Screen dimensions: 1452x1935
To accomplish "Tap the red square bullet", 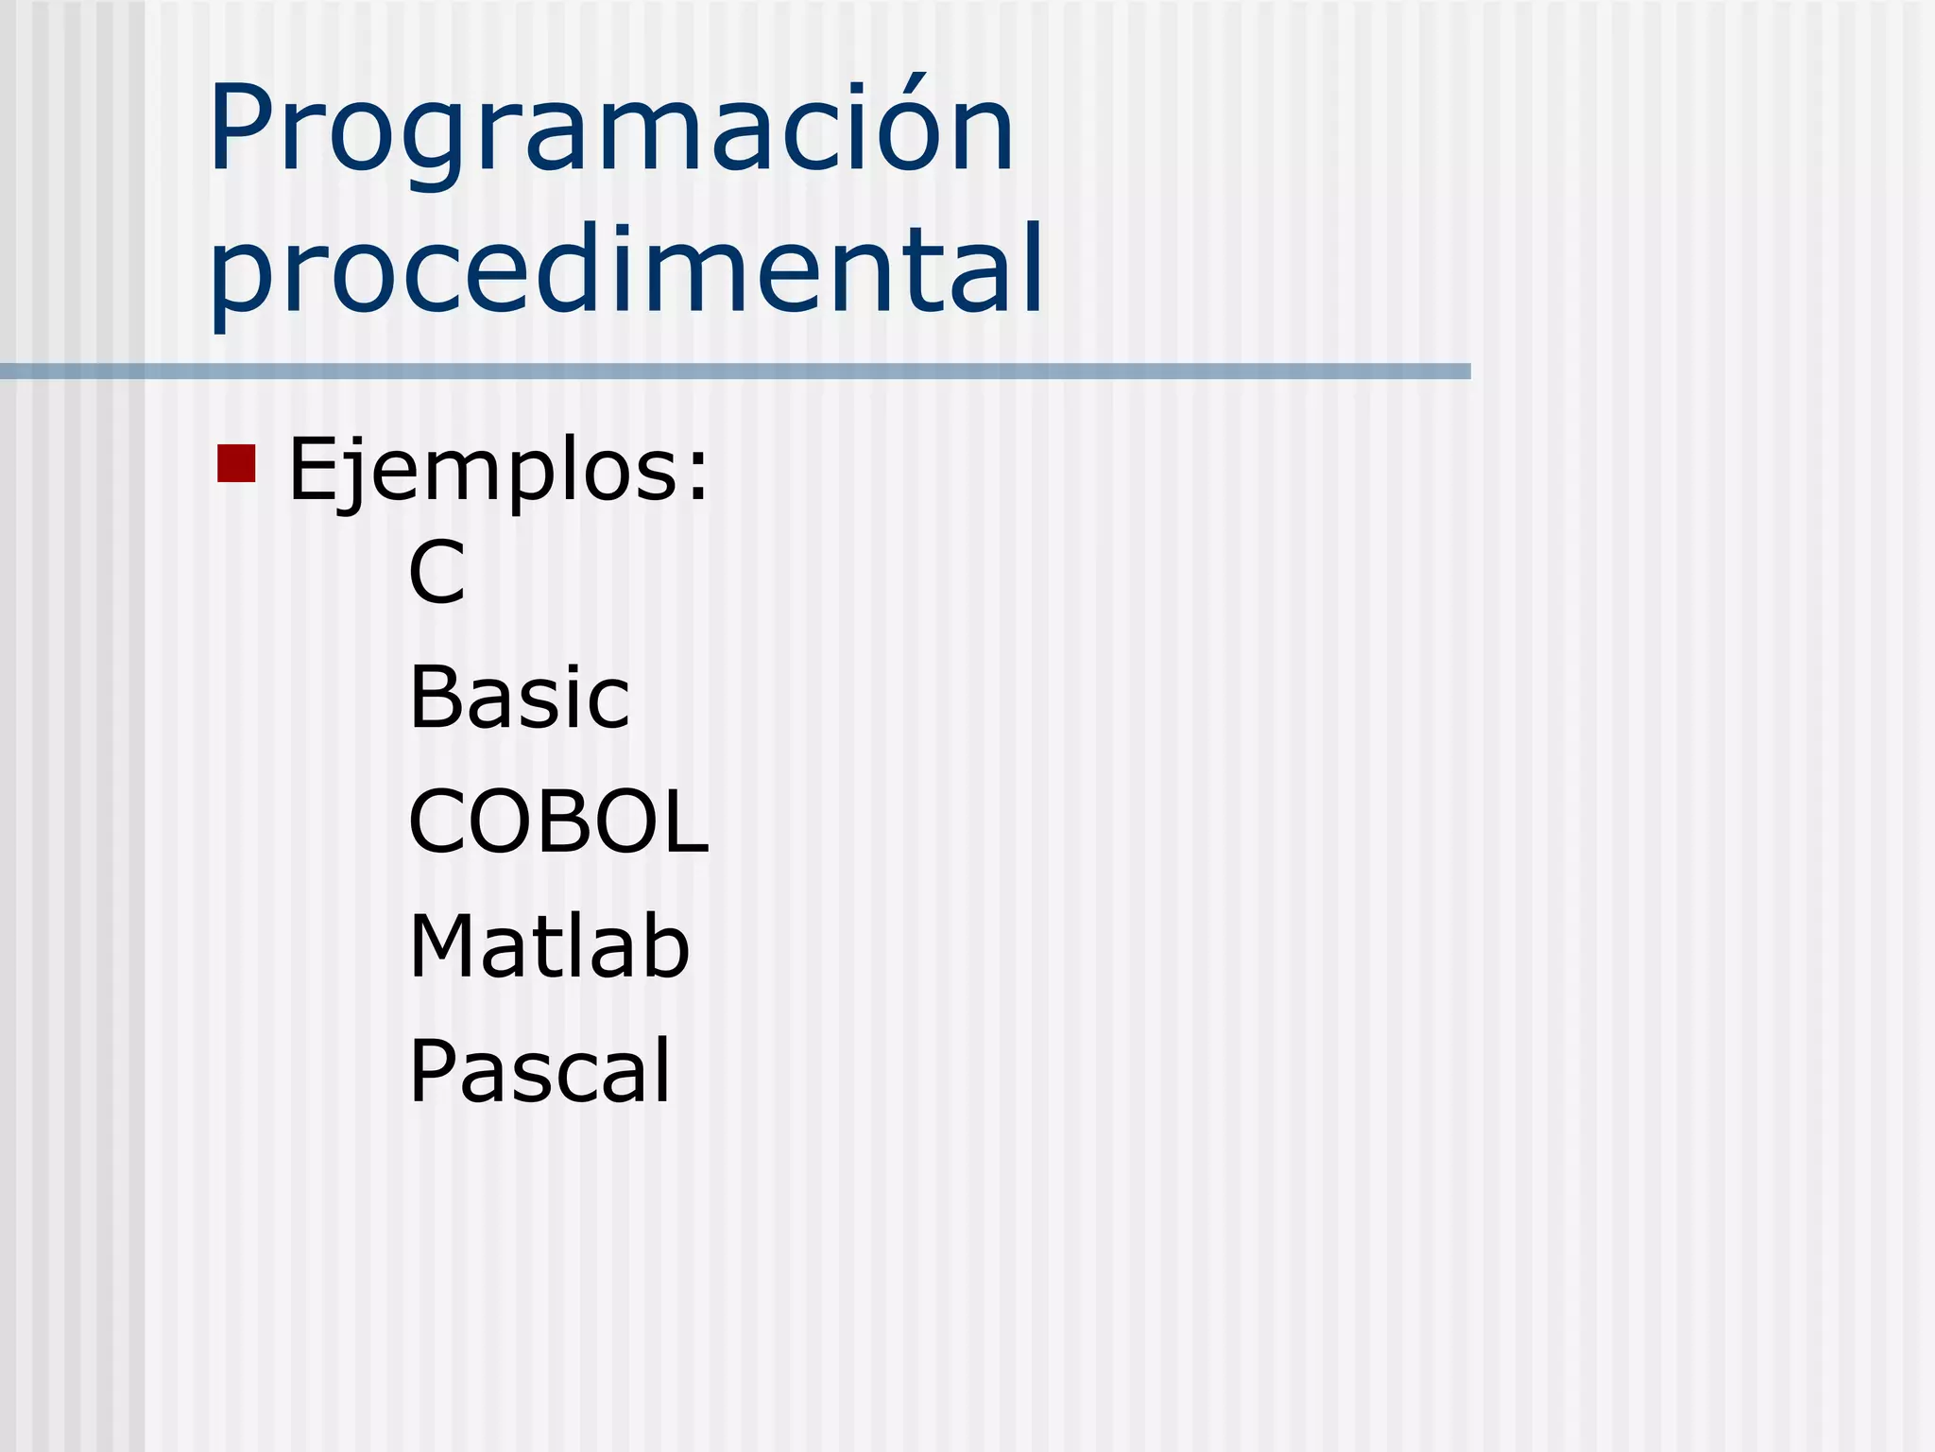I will pos(236,463).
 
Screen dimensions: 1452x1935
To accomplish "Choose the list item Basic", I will pos(519,698).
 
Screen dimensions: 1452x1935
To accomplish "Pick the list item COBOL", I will pos(557,821).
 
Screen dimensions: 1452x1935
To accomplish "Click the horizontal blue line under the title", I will pos(735,372).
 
